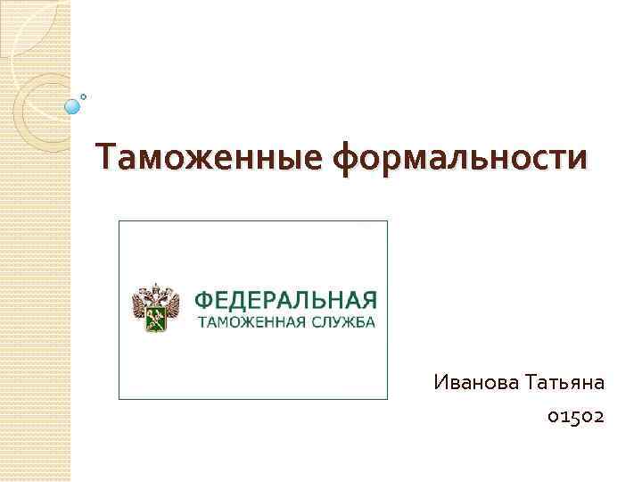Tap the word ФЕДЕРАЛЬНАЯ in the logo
coord(285,299)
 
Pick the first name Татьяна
coord(564,383)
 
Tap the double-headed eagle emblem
coord(155,308)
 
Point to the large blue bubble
coord(72,106)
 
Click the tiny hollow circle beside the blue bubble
coord(83,96)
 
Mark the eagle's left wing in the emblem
coord(140,305)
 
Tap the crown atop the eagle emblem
coord(155,287)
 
